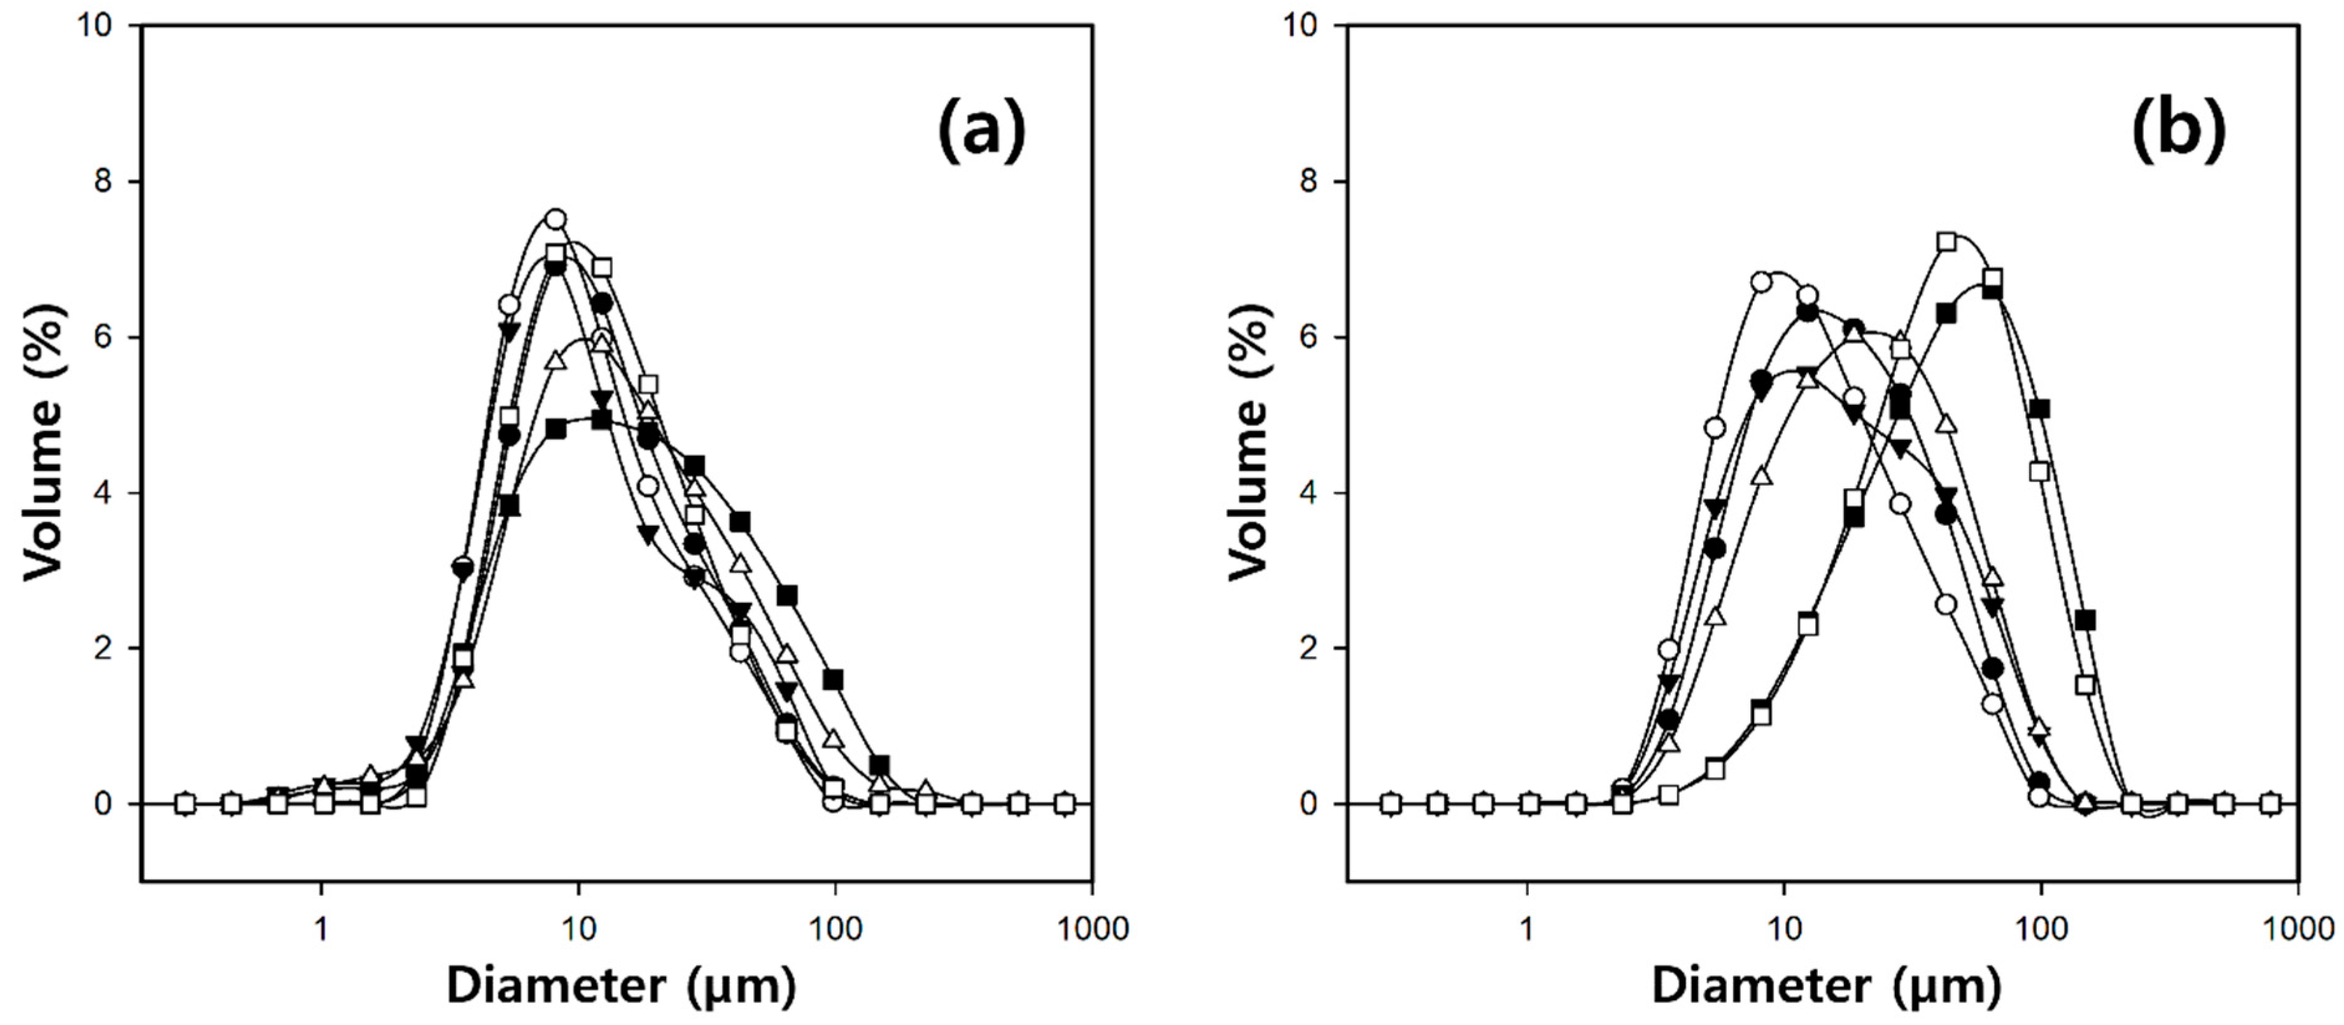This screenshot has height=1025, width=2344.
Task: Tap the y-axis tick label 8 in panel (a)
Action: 102,182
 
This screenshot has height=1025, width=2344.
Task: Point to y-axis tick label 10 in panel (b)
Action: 1301,26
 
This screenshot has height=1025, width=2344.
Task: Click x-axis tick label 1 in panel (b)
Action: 1527,929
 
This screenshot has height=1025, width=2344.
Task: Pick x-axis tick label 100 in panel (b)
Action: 2042,929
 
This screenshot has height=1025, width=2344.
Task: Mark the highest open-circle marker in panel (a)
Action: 555,218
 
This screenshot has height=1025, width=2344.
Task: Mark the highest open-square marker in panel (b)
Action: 1947,242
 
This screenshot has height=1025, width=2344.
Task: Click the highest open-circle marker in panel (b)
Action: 1762,282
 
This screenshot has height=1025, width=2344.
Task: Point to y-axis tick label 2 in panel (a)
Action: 102,649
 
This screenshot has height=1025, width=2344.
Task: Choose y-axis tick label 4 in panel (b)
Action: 1307,493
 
